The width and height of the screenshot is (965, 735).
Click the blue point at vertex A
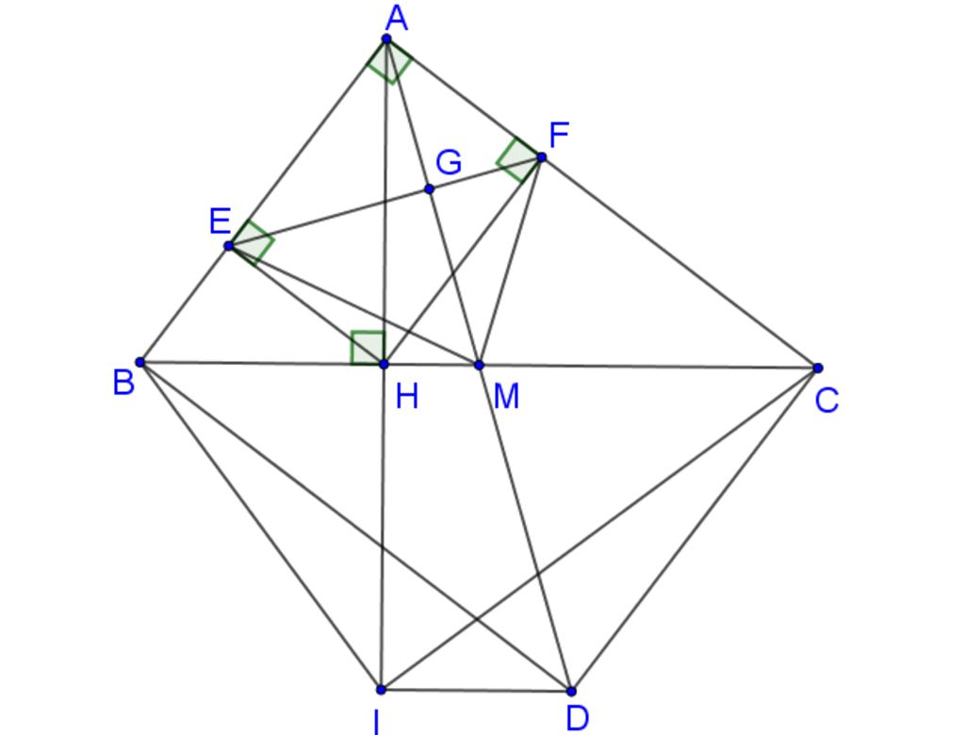[x=386, y=39]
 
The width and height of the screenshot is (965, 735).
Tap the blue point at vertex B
[x=139, y=362]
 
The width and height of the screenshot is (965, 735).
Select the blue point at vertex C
[x=817, y=368]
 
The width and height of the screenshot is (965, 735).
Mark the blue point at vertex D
[x=571, y=692]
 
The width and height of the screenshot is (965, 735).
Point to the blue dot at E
[x=229, y=246]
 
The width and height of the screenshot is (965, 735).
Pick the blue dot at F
[x=542, y=157]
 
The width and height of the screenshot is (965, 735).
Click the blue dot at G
[x=429, y=189]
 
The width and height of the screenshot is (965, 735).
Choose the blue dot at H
[x=384, y=365]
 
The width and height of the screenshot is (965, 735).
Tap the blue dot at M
[x=480, y=365]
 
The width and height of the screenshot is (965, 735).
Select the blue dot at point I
[x=381, y=690]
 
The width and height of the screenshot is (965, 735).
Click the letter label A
[x=397, y=19]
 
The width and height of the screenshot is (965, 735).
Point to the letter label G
[x=449, y=163]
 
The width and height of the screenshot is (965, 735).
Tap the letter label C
[x=826, y=400]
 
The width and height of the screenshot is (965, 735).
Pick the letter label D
[x=578, y=718]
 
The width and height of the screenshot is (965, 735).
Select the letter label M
[x=506, y=397]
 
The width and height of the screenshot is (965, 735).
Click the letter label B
[x=123, y=383]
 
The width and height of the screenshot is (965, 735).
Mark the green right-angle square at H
[x=368, y=348]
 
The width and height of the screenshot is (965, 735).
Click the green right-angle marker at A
[x=389, y=61]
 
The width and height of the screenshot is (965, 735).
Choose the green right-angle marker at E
[x=251, y=242]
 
